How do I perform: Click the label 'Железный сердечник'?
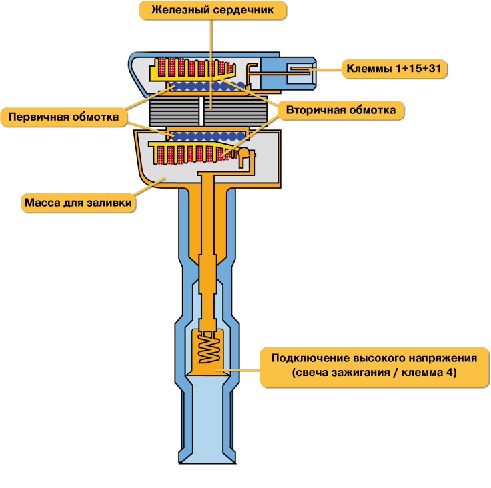click(213, 10)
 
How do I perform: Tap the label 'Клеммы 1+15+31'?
click(394, 68)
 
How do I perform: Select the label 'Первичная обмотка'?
click(63, 117)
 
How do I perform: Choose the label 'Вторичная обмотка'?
click(341, 110)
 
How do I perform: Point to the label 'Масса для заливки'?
click(78, 203)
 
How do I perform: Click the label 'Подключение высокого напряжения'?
click(374, 358)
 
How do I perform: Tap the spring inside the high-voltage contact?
click(210, 347)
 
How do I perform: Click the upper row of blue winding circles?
click(206, 86)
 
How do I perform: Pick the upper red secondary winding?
click(195, 67)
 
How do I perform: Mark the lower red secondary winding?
click(195, 155)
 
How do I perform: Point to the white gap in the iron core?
click(201, 111)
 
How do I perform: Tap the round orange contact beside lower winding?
click(243, 153)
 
